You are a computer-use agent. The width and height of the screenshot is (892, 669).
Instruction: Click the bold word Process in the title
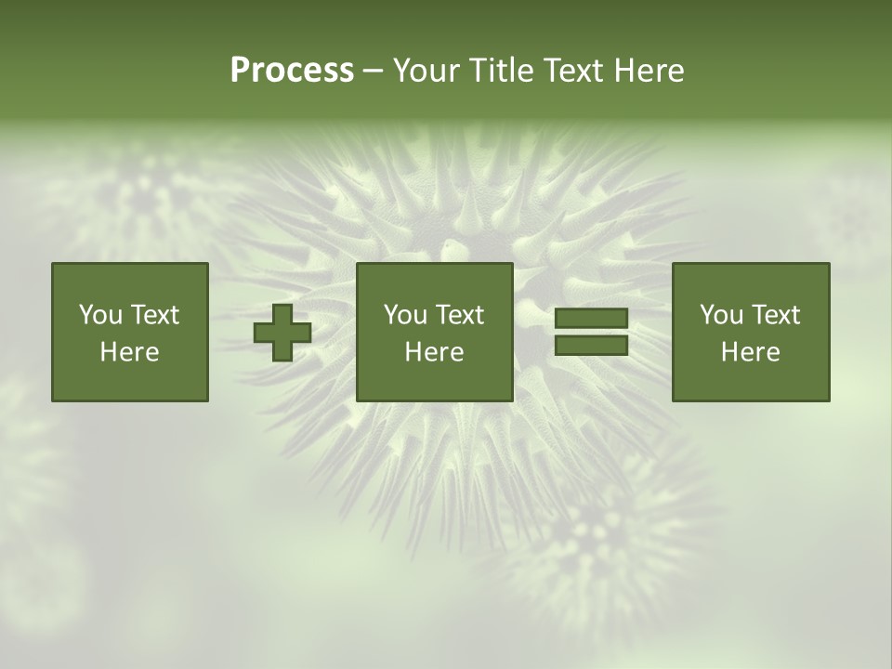click(292, 71)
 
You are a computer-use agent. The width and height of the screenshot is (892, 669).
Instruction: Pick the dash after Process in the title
click(373, 72)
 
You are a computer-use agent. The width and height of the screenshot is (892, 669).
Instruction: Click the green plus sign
click(282, 332)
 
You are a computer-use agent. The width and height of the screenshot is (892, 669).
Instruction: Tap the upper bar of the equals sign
click(591, 319)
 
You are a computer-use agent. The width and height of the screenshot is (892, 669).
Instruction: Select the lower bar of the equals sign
click(591, 346)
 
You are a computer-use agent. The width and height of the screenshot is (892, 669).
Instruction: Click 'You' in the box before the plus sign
click(100, 315)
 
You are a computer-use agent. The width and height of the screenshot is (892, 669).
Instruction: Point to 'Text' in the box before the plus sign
click(154, 315)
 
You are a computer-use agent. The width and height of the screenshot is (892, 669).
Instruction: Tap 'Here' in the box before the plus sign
click(129, 352)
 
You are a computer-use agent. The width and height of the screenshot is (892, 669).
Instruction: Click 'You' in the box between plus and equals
click(405, 315)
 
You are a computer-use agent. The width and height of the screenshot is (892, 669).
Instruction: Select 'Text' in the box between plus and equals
click(459, 315)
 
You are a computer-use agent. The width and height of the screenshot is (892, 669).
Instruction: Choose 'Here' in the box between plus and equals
click(434, 352)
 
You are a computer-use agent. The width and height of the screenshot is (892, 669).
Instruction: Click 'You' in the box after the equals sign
click(721, 315)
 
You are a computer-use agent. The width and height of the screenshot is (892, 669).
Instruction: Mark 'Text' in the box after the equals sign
click(775, 315)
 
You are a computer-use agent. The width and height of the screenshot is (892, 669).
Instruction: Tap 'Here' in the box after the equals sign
click(750, 352)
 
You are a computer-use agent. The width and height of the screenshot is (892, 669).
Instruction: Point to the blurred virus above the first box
click(144, 190)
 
